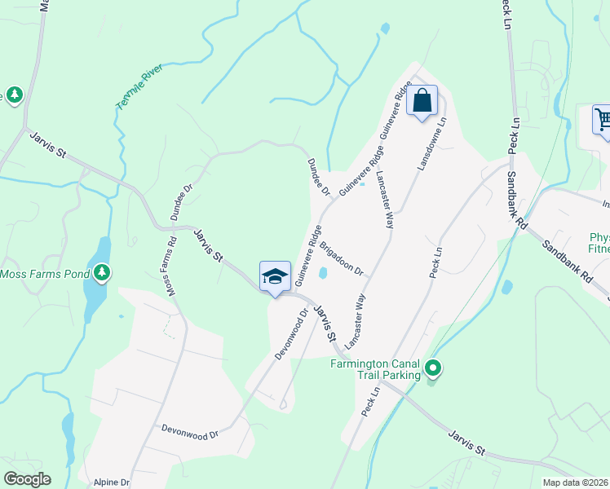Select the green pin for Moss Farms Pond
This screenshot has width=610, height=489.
pos(102,272)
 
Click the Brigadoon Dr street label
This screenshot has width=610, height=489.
pos(341,258)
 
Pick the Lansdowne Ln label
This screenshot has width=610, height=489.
pos(432,142)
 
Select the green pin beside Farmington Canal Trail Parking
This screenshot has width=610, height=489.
pos(434,369)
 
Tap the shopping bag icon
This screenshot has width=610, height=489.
pos(422,102)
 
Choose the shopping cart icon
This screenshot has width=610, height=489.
pos(603,120)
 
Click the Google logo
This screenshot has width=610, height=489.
pos(26,479)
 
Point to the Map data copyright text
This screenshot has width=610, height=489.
pos(576,482)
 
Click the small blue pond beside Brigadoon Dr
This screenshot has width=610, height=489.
pos(322,273)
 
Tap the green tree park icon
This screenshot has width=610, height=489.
pos(14,95)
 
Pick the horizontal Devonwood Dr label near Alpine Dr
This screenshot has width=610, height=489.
pos(190,431)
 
